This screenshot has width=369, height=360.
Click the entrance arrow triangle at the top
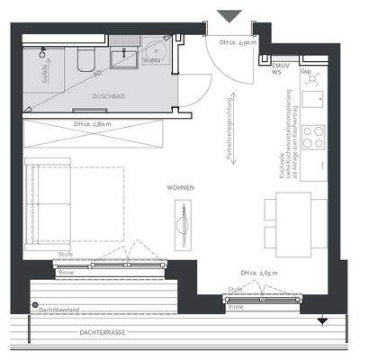coord(229,15)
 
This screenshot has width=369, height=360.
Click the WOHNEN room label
coord(180,187)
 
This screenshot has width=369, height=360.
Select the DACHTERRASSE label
coord(102,332)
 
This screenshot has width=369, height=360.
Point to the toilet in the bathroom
coord(85,58)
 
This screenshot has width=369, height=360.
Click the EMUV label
coord(280,66)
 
